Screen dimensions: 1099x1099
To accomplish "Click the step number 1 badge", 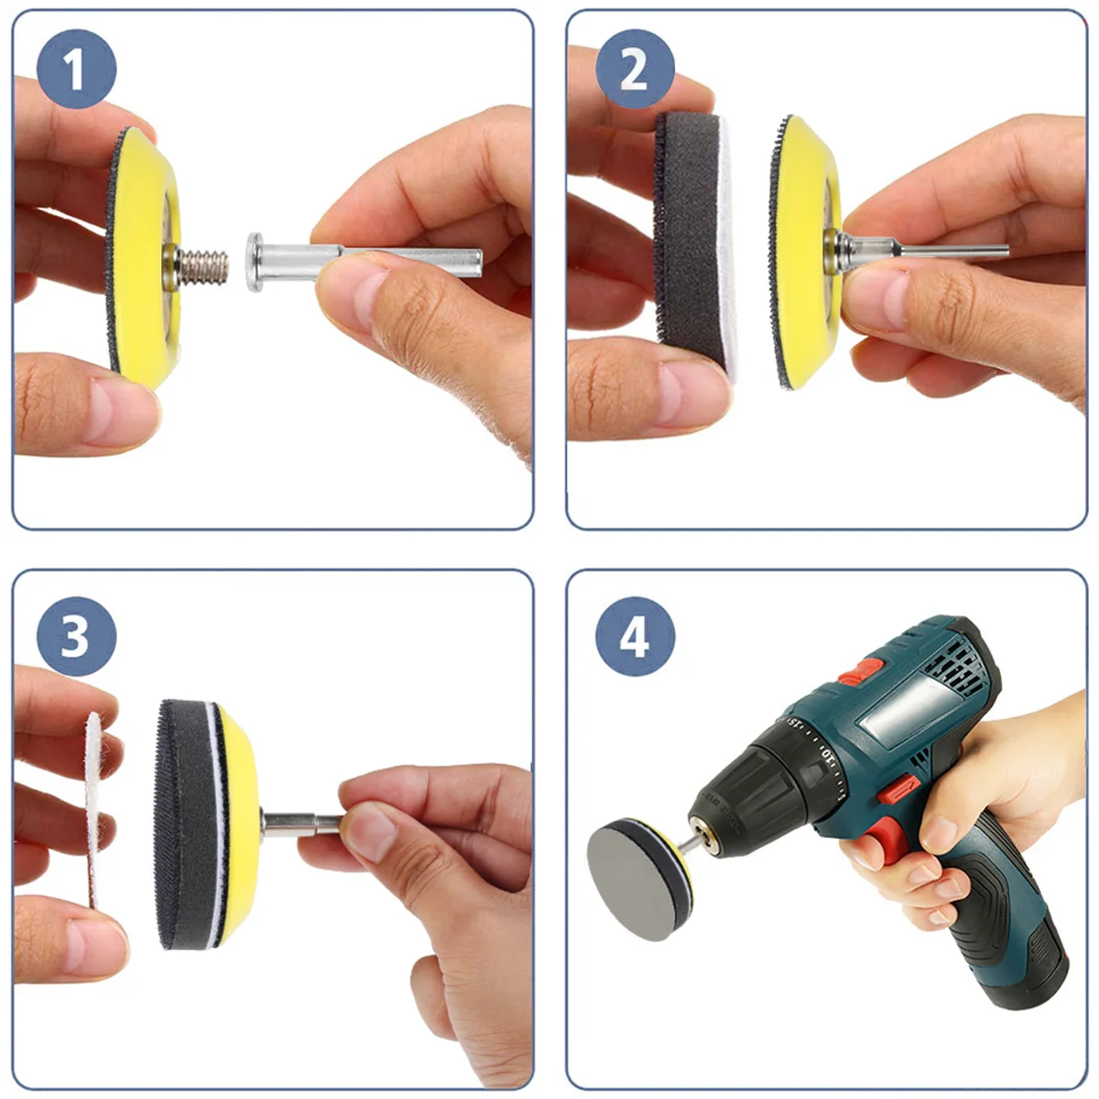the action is point(76,69).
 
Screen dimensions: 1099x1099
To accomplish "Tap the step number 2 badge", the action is point(635,69).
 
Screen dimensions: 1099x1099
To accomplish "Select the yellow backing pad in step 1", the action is point(146,257).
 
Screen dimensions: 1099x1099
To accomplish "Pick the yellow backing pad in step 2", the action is point(805,253).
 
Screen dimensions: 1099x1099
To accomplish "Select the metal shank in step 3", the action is point(301,824).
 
